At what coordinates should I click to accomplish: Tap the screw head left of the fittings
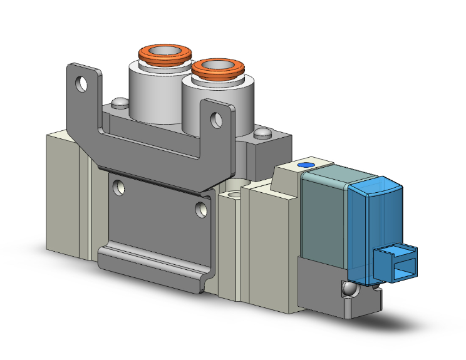pos(117,103)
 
